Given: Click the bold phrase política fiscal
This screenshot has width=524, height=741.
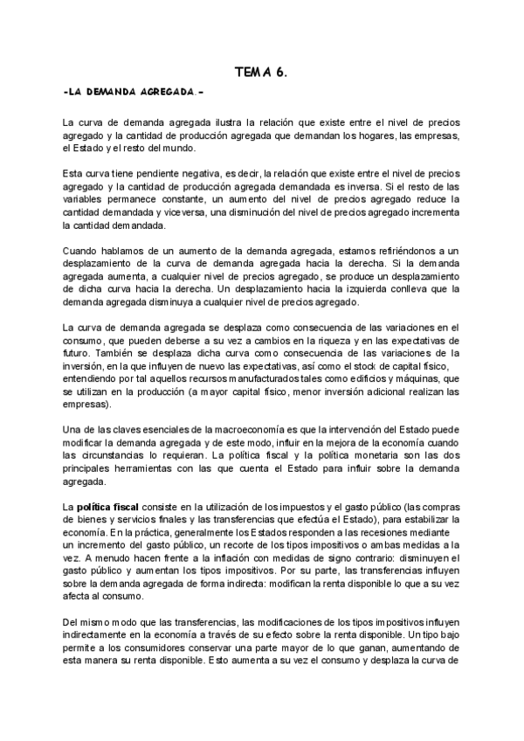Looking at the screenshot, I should tap(108, 508).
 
